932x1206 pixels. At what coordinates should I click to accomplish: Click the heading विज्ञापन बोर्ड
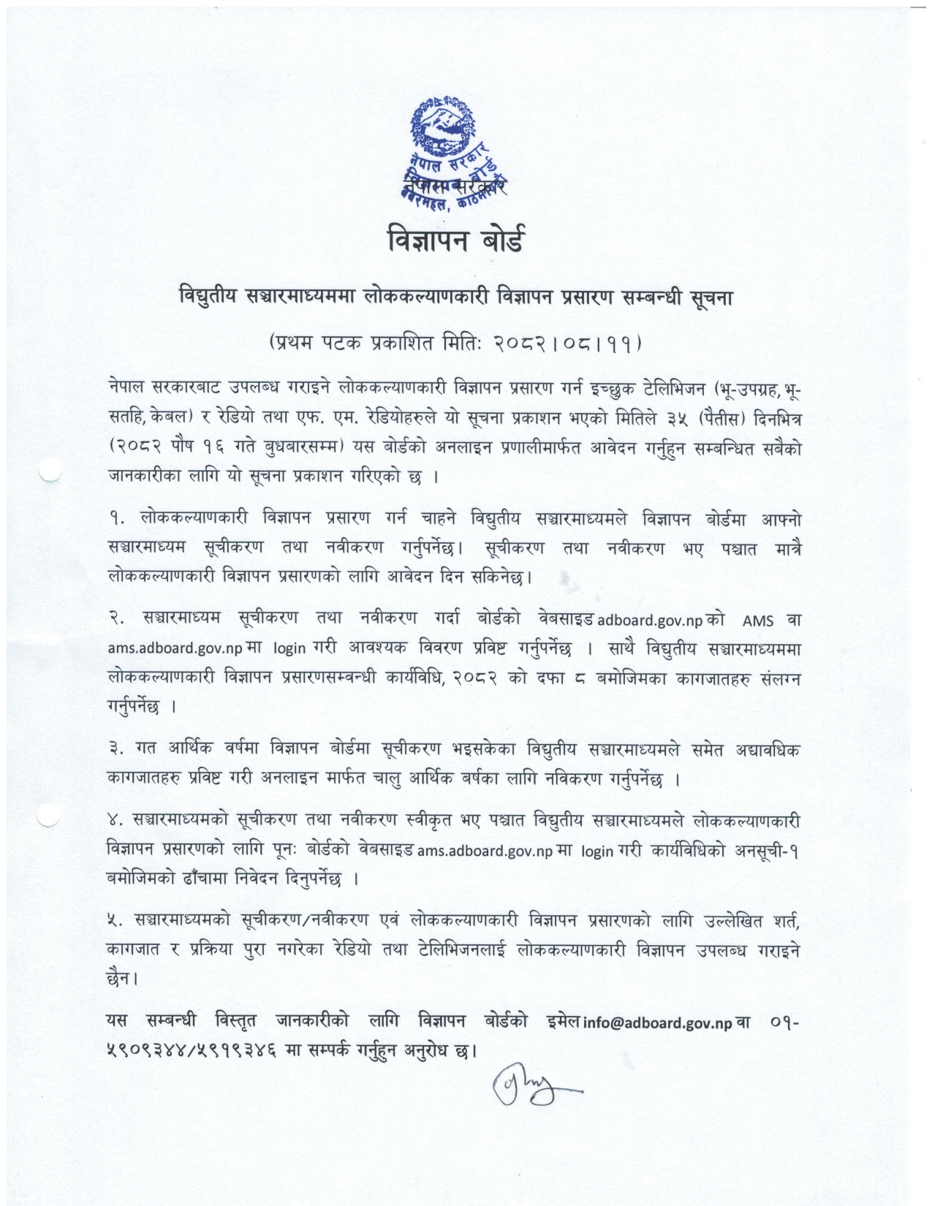[x=455, y=240]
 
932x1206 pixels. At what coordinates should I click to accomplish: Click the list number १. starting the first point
[x=115, y=520]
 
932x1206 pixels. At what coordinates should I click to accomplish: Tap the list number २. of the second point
[x=115, y=619]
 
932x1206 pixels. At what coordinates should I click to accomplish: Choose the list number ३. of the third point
[x=115, y=750]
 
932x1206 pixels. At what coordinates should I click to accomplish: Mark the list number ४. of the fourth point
[x=115, y=822]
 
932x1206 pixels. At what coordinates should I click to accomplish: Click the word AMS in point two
[x=757, y=621]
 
